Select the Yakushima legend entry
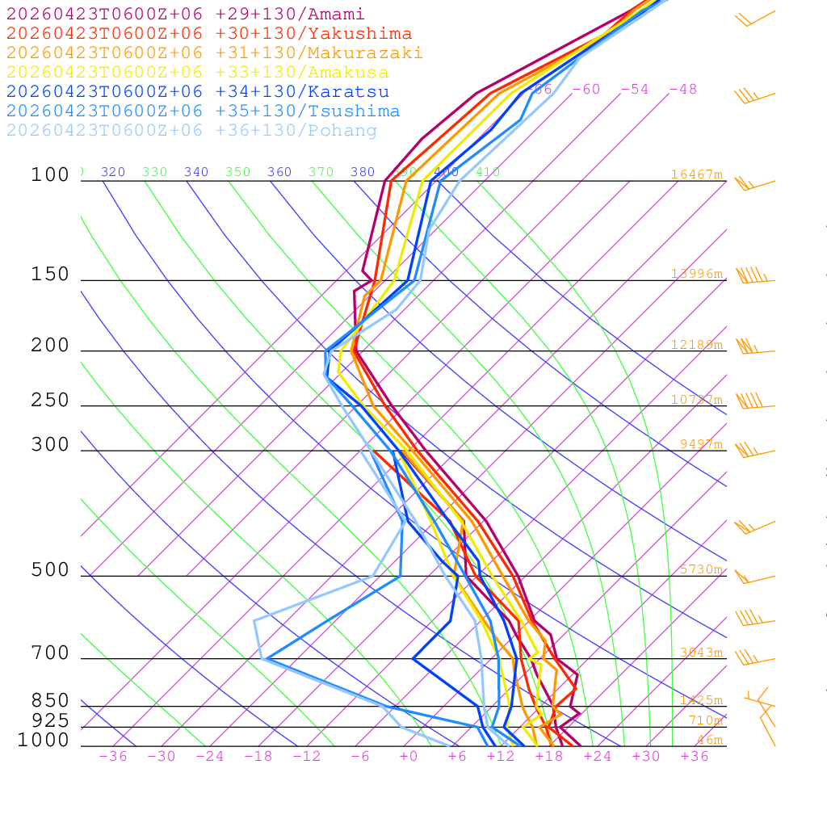pos(209,34)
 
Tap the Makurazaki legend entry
pos(215,53)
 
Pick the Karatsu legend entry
pos(198,92)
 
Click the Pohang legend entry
pos(192,131)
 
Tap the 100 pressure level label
pos(50,175)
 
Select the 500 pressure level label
pos(50,571)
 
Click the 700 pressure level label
pos(50,653)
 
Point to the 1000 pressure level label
pos(44,741)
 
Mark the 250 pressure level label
pos(50,401)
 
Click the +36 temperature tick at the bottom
pos(695,757)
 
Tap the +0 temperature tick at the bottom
pos(409,757)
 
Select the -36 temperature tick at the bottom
pos(113,757)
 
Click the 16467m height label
pos(696,174)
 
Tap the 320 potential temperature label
pos(113,172)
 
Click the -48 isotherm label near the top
pos(682,90)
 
